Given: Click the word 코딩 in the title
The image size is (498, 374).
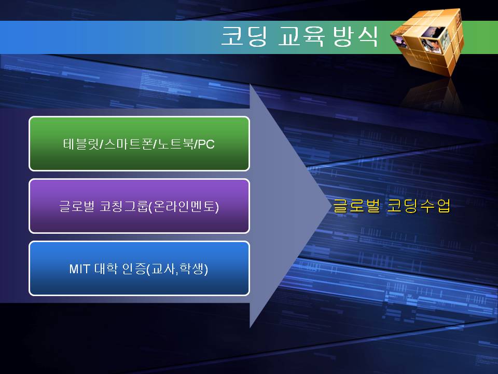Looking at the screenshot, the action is point(244,36).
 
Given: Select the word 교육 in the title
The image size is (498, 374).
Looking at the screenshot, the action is point(301,36).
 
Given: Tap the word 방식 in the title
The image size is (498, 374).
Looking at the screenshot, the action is point(355,36).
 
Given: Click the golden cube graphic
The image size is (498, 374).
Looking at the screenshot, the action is point(427,42).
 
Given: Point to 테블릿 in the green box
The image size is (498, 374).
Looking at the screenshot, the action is point(81,144).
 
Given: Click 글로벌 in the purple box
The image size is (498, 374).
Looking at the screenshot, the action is point(77,206).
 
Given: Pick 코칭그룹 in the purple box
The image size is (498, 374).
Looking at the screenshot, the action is point(124,206).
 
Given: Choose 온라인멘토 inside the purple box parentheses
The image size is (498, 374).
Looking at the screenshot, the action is point(184,206).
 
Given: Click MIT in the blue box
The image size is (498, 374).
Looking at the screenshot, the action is point(80,269).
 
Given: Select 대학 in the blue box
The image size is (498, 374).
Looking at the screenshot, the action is point(106,269).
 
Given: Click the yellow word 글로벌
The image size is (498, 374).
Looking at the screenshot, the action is point(356,206).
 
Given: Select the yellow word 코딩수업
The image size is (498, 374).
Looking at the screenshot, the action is point(418,206).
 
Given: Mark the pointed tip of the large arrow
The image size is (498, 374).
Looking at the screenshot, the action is point(330,206).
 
